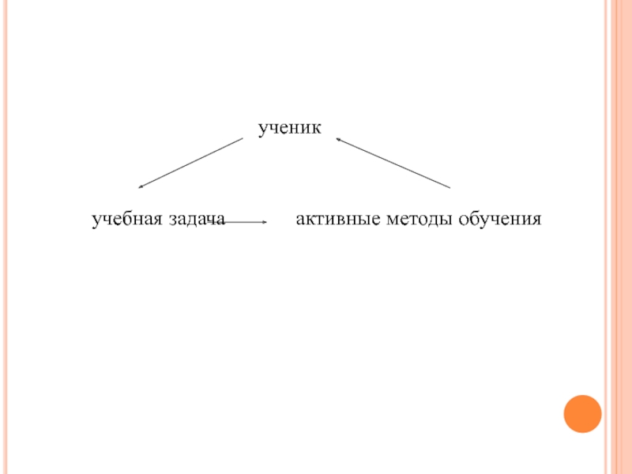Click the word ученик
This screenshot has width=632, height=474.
pyautogui.click(x=289, y=127)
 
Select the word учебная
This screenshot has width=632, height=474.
pyautogui.click(x=126, y=218)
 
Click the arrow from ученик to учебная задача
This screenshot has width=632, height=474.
pyautogui.click(x=190, y=163)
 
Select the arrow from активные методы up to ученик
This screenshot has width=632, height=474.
pyautogui.click(x=393, y=163)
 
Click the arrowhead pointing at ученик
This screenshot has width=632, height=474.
pyautogui.click(x=338, y=140)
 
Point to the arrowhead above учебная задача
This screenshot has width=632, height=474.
pyautogui.click(x=141, y=186)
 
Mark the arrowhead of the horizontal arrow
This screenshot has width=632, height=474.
pyautogui.click(x=266, y=223)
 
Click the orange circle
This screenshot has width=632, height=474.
pyautogui.click(x=582, y=413)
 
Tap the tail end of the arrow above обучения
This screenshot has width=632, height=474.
pyautogui.click(x=450, y=187)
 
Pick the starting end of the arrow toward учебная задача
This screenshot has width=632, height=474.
pyautogui.click(x=242, y=139)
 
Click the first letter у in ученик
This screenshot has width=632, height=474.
pyautogui.click(x=262, y=128)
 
